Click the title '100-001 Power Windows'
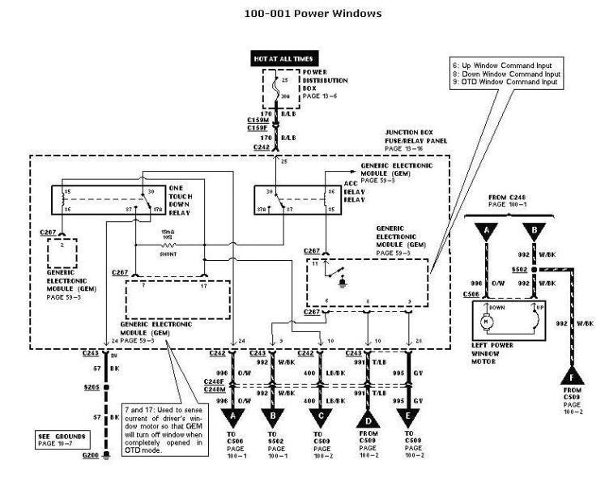tap(301, 13)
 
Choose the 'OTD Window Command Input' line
tap(507, 83)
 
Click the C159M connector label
tap(258, 118)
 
